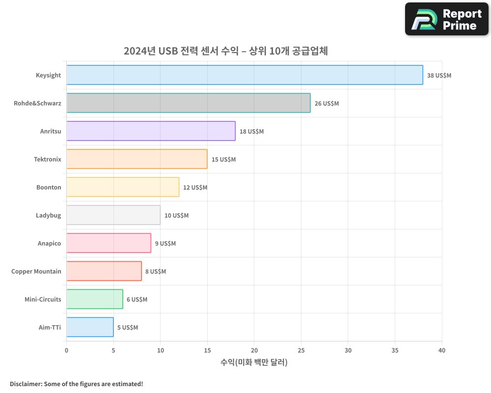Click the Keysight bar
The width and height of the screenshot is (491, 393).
click(x=245, y=75)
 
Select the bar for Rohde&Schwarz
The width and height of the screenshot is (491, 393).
click(x=189, y=103)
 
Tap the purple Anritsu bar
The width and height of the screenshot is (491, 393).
click(x=151, y=131)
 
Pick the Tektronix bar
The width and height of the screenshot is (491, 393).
click(x=137, y=159)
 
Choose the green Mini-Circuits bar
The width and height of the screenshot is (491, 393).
click(x=95, y=299)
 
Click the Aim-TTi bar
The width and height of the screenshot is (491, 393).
click(x=90, y=327)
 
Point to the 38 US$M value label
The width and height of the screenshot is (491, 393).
click(x=439, y=76)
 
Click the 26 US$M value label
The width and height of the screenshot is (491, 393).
click(x=327, y=104)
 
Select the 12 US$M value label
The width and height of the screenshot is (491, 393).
click(x=195, y=188)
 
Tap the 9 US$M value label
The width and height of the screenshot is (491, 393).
click(x=165, y=244)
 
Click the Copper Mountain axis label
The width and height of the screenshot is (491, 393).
click(x=36, y=271)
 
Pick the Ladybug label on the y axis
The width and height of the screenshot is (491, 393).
click(x=49, y=215)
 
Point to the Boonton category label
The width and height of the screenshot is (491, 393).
click(x=49, y=187)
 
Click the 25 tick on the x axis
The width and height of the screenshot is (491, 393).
click(x=301, y=350)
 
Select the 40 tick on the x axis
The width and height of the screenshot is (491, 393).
click(x=442, y=350)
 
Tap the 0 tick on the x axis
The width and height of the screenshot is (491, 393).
click(x=67, y=350)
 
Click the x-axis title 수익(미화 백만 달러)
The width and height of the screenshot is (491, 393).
click(x=254, y=363)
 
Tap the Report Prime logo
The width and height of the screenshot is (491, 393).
click(x=447, y=19)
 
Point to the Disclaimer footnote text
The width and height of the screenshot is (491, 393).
click(x=77, y=384)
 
